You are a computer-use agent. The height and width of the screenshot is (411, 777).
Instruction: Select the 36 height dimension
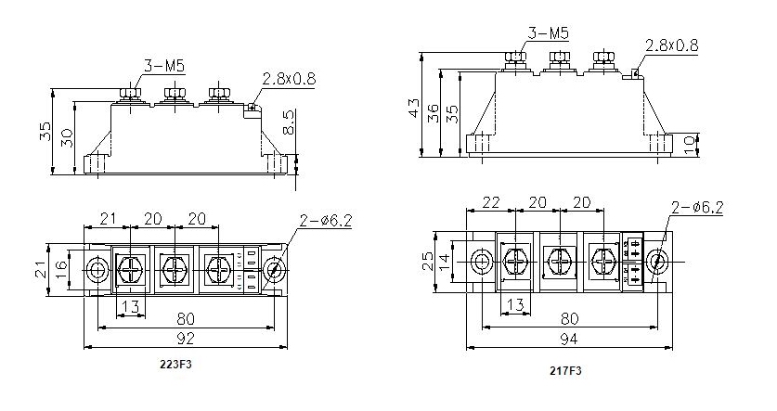[433, 112]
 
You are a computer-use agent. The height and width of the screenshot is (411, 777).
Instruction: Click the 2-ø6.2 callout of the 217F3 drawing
[695, 207]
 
